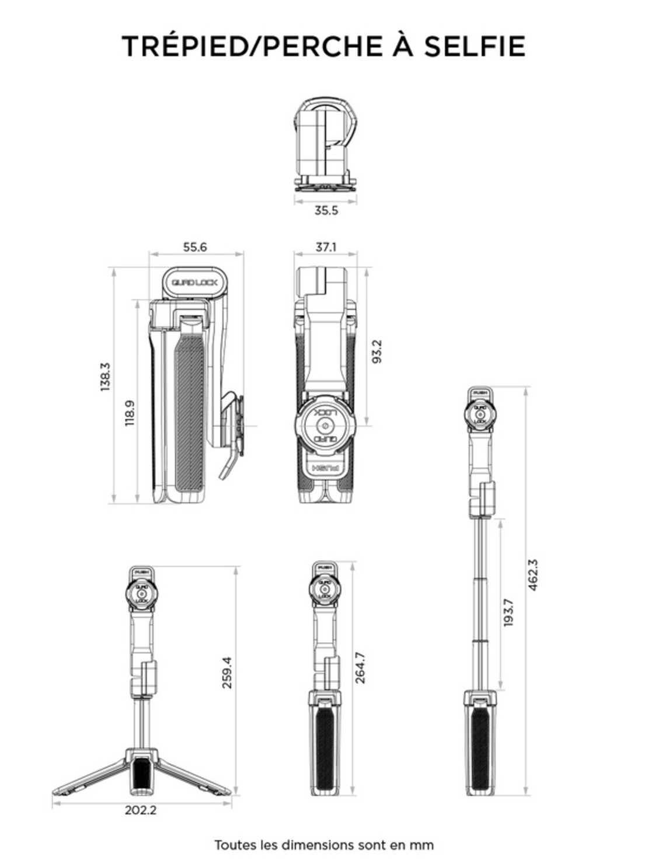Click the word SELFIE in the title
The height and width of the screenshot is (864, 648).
[474, 46]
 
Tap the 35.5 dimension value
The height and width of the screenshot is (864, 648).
[326, 211]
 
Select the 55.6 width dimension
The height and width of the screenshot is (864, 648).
[195, 247]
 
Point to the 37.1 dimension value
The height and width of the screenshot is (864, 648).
[326, 247]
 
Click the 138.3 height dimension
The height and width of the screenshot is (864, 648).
[105, 377]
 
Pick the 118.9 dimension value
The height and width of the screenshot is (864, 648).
[130, 413]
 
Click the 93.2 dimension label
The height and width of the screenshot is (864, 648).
[377, 351]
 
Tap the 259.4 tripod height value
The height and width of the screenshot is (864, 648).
[227, 673]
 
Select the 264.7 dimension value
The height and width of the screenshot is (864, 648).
[360, 668]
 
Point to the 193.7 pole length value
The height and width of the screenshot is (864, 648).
[508, 612]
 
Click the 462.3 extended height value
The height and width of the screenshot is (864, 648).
[533, 575]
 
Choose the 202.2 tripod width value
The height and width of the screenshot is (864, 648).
[140, 810]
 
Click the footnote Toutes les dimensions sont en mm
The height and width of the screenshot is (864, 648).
[323, 845]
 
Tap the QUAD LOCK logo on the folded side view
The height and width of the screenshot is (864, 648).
[194, 283]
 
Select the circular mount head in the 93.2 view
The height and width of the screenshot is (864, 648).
[325, 423]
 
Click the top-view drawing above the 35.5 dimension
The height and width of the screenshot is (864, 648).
[325, 143]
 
